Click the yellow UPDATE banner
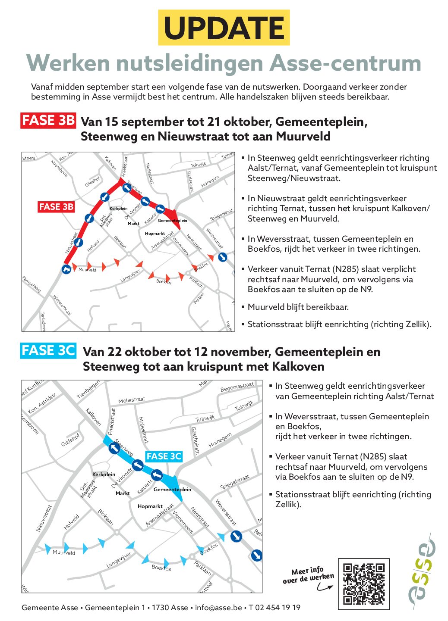click(x=224, y=28)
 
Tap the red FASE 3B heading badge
click(x=48, y=121)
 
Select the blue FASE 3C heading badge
click(x=48, y=351)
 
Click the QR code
click(x=364, y=584)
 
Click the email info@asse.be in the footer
click(x=218, y=608)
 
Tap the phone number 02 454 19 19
click(x=278, y=608)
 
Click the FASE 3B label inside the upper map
click(x=56, y=207)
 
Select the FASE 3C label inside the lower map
click(x=164, y=456)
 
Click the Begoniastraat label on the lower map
click(x=237, y=387)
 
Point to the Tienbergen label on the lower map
click(x=88, y=390)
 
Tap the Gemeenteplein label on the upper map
click(x=172, y=221)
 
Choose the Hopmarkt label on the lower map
click(x=150, y=506)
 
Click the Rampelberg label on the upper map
click(x=32, y=284)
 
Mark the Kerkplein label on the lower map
click(x=104, y=474)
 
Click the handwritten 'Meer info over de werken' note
click(x=308, y=576)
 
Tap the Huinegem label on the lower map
click(x=220, y=440)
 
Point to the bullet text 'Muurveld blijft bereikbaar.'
click(x=298, y=307)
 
